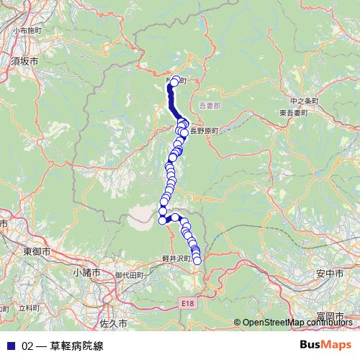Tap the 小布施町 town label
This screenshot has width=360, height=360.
point(27,32)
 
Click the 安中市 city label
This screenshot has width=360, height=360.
point(329,274)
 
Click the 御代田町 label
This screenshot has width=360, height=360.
point(129,274)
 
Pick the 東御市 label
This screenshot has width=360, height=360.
point(36,252)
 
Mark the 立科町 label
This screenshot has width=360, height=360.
point(29,307)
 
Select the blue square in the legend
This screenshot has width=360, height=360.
point(11,346)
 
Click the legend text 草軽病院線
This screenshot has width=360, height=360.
point(77,346)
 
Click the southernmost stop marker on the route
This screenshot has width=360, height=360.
point(197,261)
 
